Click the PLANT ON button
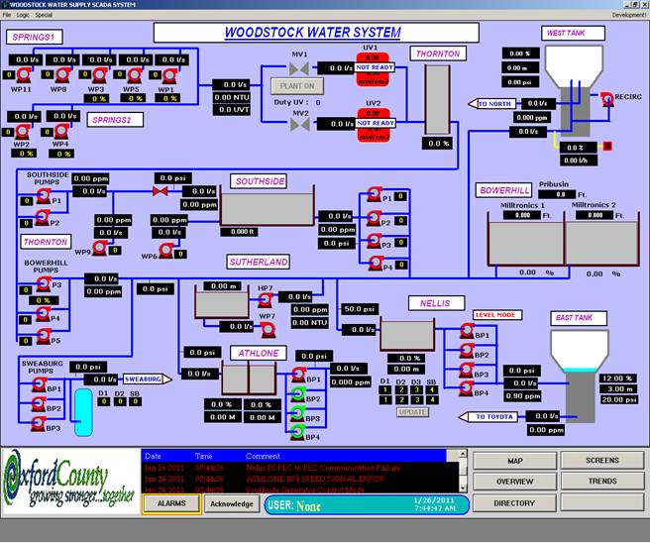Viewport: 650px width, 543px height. (297, 86)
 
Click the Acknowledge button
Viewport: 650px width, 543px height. (233, 503)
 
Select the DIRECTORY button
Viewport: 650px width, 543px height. (513, 503)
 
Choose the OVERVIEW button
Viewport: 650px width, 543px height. (513, 482)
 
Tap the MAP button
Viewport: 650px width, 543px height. (513, 461)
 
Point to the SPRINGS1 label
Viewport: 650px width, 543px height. (35, 37)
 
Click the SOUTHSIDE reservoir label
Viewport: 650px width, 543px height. (261, 181)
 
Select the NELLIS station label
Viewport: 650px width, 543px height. (435, 302)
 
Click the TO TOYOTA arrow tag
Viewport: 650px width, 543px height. (492, 417)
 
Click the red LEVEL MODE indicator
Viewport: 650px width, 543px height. (496, 315)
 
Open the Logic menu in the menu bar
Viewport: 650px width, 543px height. (23, 15)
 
